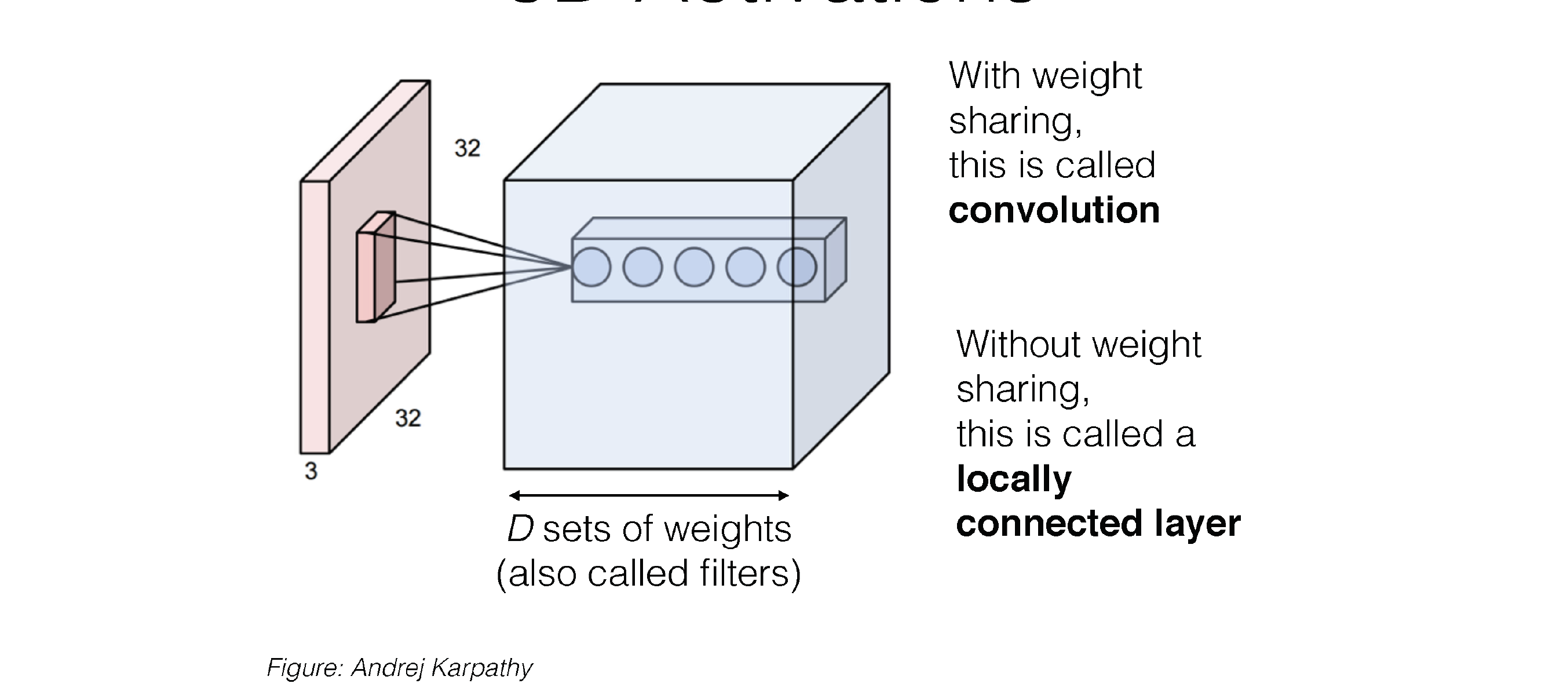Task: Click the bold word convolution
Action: point(1054,210)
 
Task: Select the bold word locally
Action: point(1014,479)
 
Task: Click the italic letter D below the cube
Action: point(520,529)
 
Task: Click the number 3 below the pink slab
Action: point(311,472)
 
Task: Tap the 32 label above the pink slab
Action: point(467,149)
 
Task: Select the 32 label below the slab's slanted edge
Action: point(408,419)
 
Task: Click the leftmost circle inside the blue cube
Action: point(591,267)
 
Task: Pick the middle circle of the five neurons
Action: point(694,267)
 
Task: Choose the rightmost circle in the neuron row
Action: point(797,267)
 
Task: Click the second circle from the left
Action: point(642,267)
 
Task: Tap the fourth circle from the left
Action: point(746,267)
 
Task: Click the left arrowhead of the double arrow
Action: point(514,495)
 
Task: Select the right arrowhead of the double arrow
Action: point(783,495)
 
